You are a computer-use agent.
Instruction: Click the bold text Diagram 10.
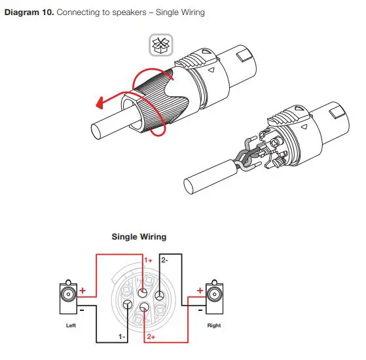(x=29, y=12)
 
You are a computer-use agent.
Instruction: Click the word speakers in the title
(x=123, y=12)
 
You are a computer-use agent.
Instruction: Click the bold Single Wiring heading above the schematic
(x=139, y=236)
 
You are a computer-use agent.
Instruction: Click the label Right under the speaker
(x=214, y=325)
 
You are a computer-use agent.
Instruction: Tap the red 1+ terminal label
(x=149, y=261)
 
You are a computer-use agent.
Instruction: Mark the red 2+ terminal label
(x=150, y=336)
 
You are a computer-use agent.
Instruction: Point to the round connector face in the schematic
(x=141, y=298)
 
